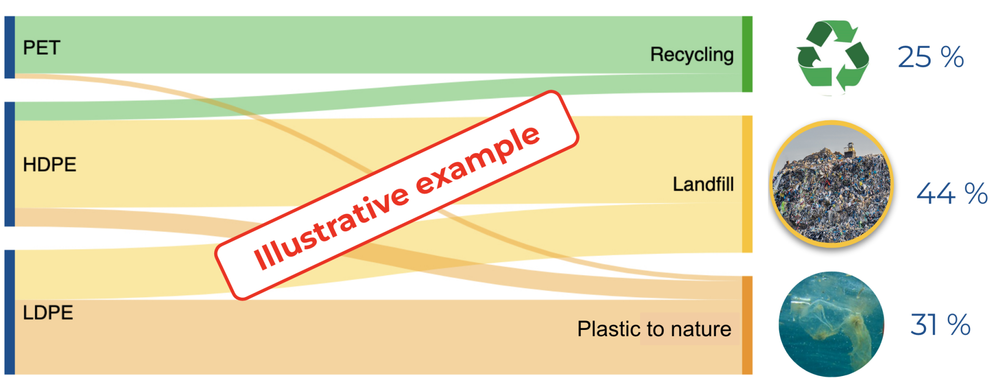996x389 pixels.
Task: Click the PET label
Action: [x=41, y=48]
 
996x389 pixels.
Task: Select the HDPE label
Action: [x=49, y=164]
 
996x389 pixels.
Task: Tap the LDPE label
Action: [x=48, y=312]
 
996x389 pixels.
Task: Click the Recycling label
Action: [x=691, y=54]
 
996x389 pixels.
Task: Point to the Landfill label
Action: [x=703, y=184]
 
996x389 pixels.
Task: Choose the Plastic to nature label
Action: [x=654, y=329]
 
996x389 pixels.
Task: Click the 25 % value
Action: [x=931, y=57]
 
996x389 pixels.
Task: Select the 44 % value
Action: [x=952, y=193]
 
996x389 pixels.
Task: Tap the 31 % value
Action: [x=940, y=325]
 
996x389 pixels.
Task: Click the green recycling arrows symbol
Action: [x=833, y=57]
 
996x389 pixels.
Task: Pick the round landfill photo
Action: [x=832, y=184]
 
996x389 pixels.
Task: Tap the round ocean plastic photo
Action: [x=832, y=324]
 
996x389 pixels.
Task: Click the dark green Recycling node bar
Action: [x=747, y=54]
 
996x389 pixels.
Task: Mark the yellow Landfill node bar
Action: [x=747, y=184]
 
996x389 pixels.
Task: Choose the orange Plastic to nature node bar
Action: [x=747, y=325]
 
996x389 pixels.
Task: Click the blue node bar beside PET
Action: [x=9, y=47]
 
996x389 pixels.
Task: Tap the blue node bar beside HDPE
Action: [x=9, y=164]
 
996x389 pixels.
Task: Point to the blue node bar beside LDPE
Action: [x=9, y=312]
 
